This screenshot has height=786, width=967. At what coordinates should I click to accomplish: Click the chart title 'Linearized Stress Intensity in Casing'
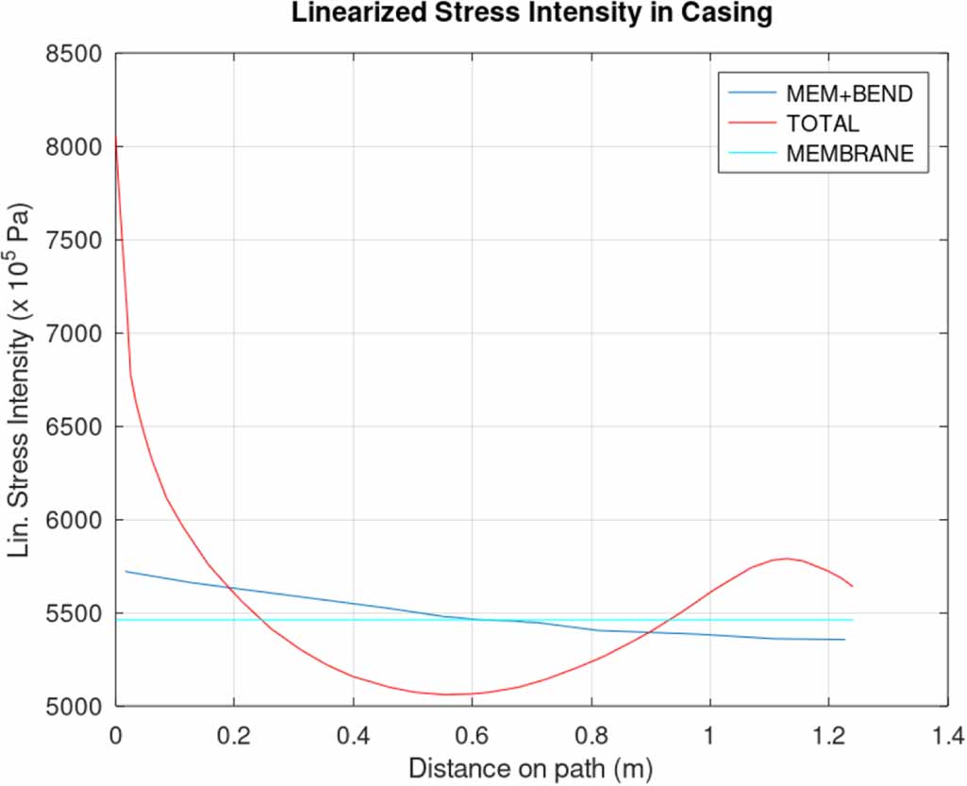coord(531,13)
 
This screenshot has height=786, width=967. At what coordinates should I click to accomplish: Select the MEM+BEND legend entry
coord(849,93)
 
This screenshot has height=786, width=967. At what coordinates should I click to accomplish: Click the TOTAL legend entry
coord(823,124)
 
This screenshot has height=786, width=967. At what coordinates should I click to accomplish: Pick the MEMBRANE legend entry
coord(849,154)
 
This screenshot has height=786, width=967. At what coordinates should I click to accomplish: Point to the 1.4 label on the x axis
coord(947,733)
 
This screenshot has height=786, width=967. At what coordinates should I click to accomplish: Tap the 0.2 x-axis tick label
coord(234,733)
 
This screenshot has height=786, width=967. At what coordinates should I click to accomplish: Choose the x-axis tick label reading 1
coord(709,733)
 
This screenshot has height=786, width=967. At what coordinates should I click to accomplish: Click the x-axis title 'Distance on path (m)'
coord(530,768)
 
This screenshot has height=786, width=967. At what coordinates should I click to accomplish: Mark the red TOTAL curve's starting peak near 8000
coord(115,138)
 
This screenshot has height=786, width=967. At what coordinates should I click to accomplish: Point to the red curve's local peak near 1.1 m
coord(785,558)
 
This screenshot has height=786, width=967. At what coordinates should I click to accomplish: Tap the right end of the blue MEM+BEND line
coord(844,640)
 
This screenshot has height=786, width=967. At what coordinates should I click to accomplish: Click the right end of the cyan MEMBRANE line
coord(853,620)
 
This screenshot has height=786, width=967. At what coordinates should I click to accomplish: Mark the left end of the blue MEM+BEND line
coord(126,571)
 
